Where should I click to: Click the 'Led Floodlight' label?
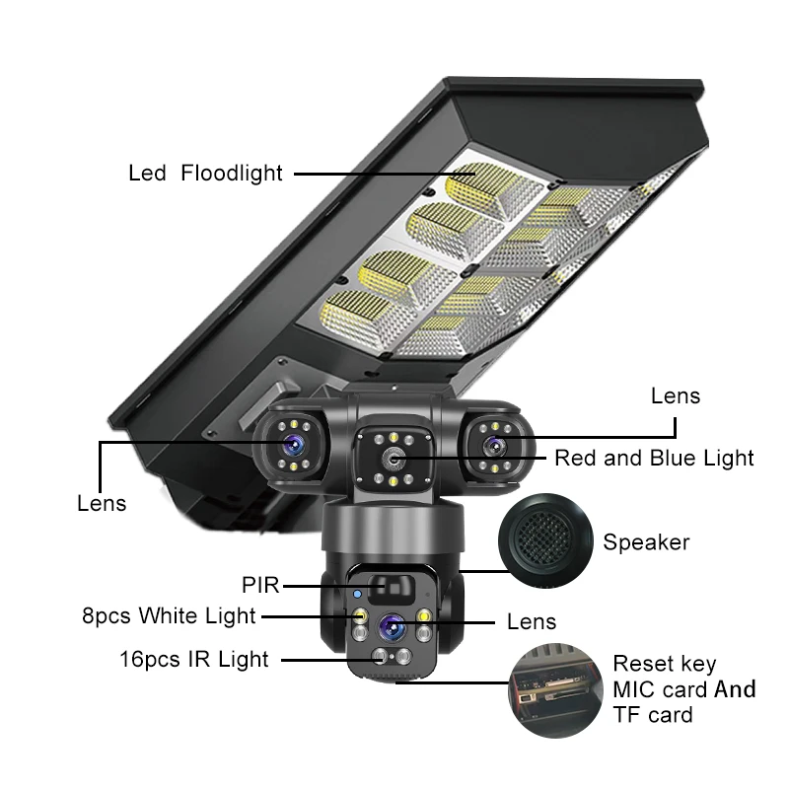pyautogui.click(x=205, y=174)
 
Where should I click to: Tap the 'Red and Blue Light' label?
pyautogui.click(x=654, y=458)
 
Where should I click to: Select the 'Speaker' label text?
pyautogui.click(x=646, y=541)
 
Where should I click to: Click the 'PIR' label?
pyautogui.click(x=260, y=586)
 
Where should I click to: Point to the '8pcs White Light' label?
pyautogui.click(x=169, y=616)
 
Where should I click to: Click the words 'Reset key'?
pyautogui.click(x=665, y=664)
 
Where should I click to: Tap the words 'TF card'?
pyautogui.click(x=653, y=715)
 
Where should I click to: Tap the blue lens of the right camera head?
pyautogui.click(x=492, y=444)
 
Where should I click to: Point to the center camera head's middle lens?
pyautogui.click(x=394, y=459)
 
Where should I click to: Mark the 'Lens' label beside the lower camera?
pyautogui.click(x=532, y=621)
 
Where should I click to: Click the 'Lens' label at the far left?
pyautogui.click(x=102, y=503)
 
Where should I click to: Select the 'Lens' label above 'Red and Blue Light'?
pyautogui.click(x=676, y=395)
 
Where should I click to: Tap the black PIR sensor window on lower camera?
pyautogui.click(x=391, y=590)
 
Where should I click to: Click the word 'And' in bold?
pyautogui.click(x=735, y=688)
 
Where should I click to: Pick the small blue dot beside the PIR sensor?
pyautogui.click(x=358, y=595)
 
